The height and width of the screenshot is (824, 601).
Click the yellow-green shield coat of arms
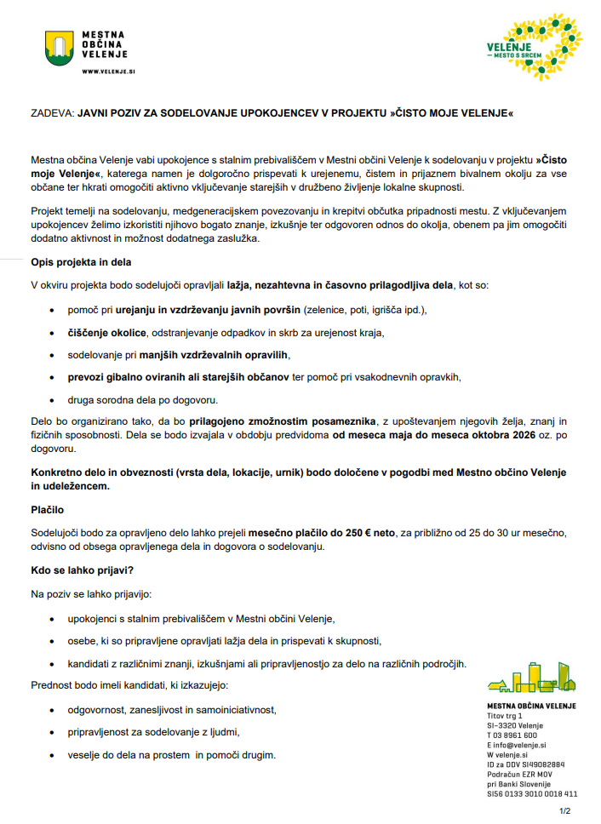point(60,48)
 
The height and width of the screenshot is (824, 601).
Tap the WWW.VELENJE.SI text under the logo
point(109,72)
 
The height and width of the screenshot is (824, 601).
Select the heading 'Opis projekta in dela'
point(81,262)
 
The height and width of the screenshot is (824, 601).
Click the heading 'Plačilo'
point(49,510)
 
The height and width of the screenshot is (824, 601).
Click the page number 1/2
point(564,810)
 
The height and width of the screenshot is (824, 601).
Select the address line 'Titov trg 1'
point(505,716)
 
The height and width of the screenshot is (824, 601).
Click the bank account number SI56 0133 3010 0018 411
point(532,793)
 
